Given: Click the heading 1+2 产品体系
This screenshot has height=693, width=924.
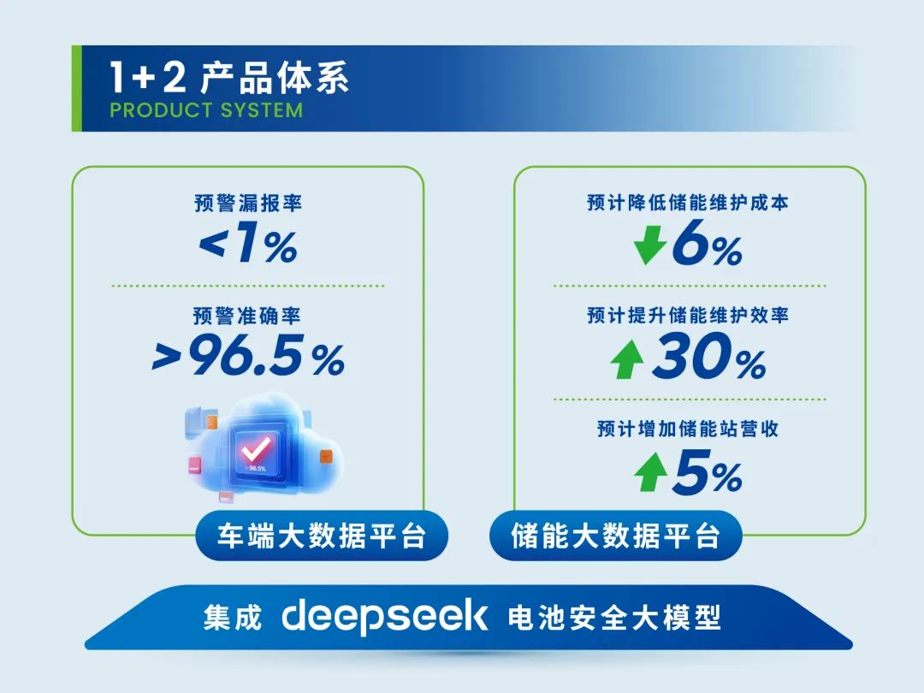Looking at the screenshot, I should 229,78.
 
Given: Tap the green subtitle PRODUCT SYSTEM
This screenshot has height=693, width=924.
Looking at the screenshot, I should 206,110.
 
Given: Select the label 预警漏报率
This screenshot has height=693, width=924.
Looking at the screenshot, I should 248,204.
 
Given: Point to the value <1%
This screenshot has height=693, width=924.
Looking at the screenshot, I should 248,246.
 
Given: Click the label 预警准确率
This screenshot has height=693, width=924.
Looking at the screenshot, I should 248,316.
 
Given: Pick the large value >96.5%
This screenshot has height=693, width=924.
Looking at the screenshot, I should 248,358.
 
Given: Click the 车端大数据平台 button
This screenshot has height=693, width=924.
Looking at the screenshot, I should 311,536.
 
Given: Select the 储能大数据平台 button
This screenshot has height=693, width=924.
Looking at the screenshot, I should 615,536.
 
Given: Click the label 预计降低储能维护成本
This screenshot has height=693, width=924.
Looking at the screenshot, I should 688,203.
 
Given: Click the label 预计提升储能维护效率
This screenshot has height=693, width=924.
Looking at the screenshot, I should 688,315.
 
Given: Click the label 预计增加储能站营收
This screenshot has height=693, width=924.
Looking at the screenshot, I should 688,429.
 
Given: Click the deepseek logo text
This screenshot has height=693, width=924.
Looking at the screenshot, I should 385,617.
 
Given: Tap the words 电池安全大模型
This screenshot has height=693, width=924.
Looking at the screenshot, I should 614,617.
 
